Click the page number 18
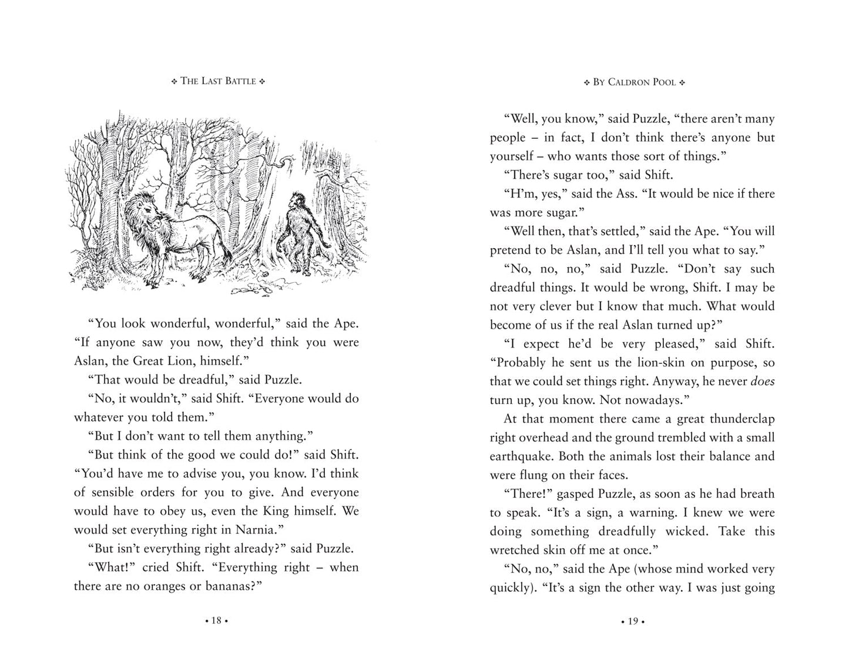(216, 620)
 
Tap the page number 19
(632, 620)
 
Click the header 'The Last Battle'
(218, 81)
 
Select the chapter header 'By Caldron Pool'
(635, 82)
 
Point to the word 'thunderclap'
(742, 419)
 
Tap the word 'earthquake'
(521, 457)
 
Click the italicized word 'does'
(763, 382)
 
